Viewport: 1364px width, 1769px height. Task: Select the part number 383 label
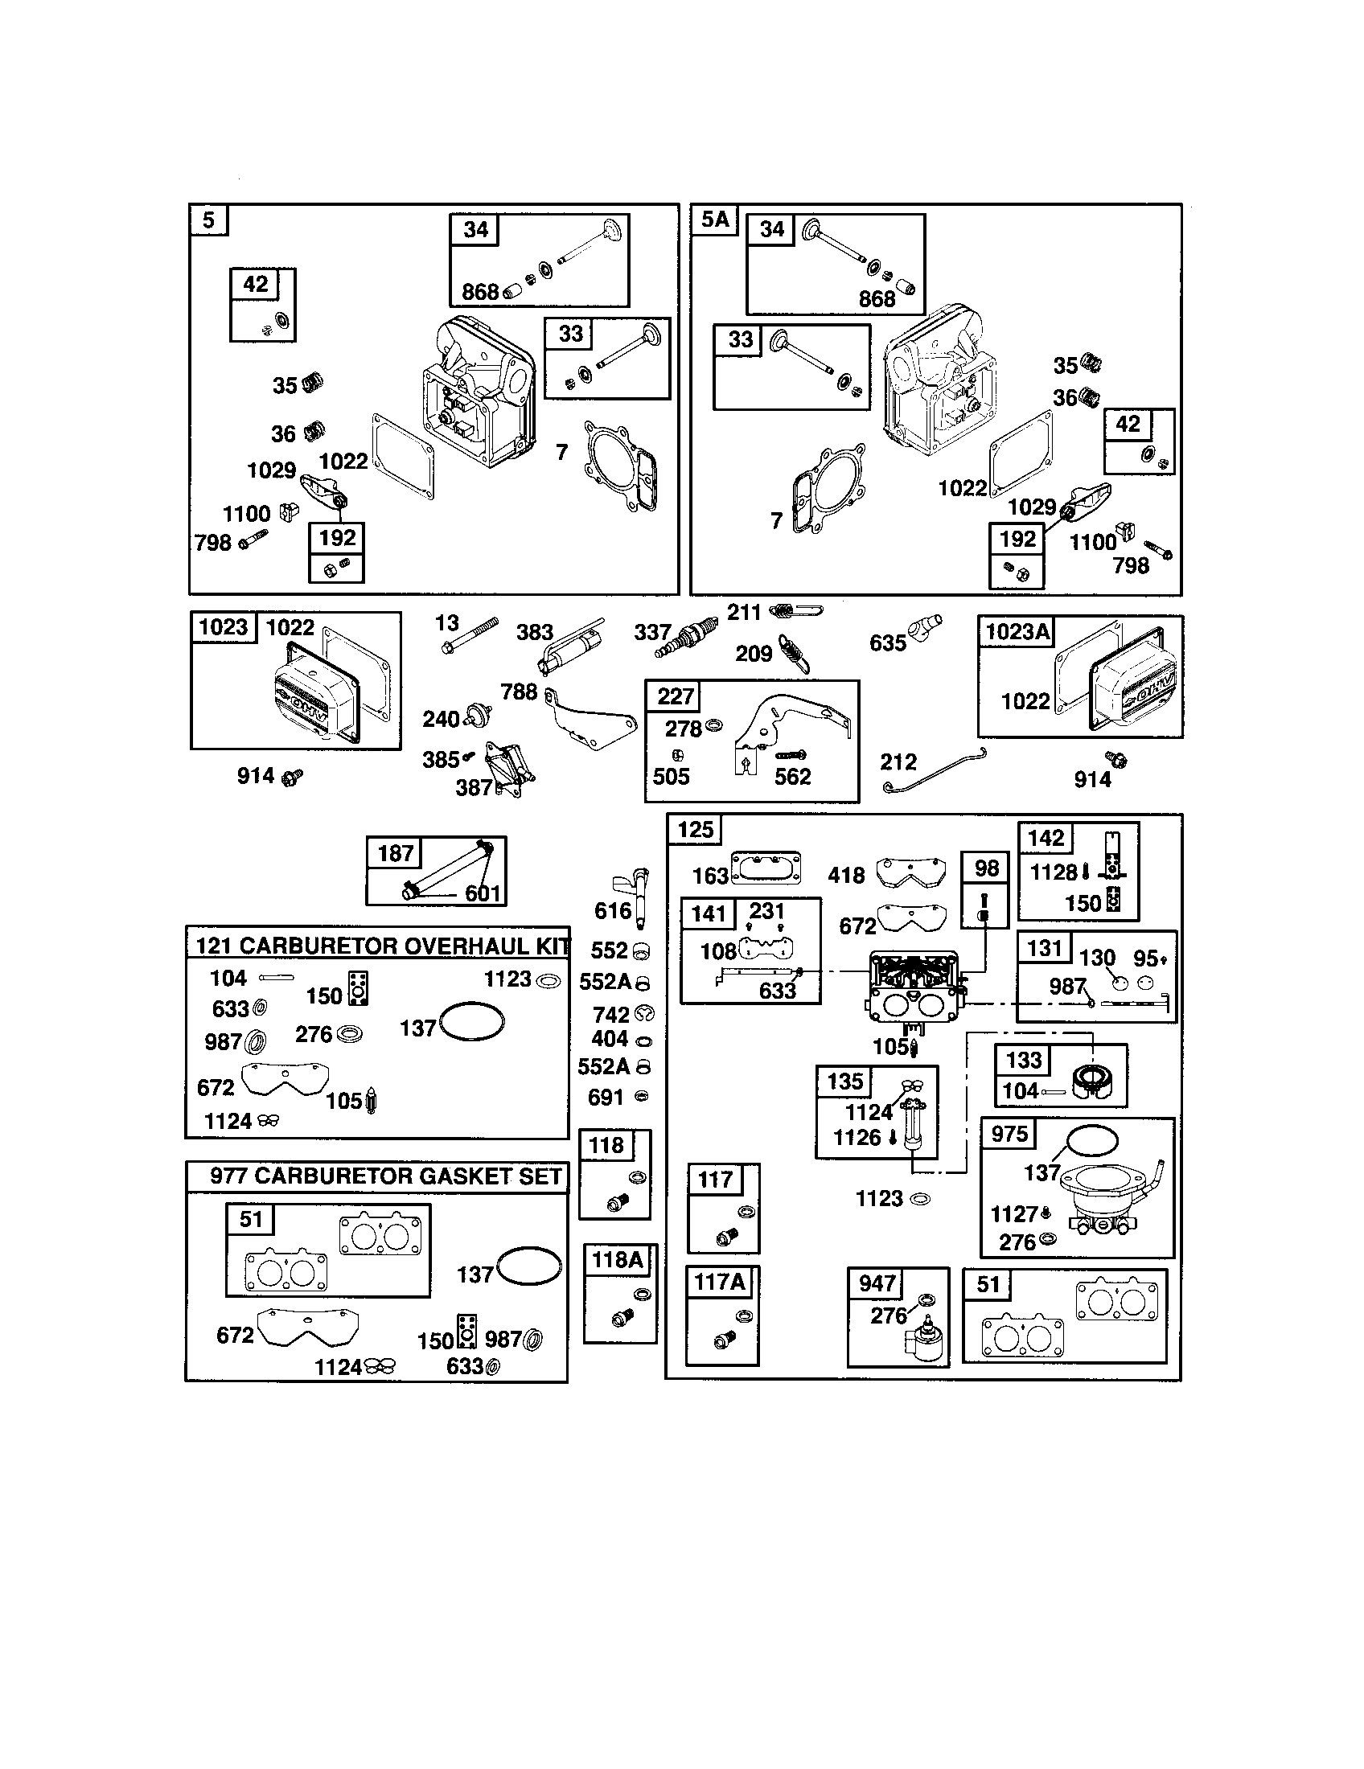point(535,632)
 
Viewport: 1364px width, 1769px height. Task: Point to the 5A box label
point(714,220)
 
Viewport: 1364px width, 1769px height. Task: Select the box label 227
point(675,696)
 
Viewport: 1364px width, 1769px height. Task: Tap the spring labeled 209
point(795,653)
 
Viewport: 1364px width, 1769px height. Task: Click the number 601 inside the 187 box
point(483,893)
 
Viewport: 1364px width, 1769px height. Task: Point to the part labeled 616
point(640,897)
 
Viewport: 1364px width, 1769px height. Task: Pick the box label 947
point(877,1284)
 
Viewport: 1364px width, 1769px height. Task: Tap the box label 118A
point(617,1259)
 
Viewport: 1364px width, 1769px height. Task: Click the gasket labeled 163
point(766,867)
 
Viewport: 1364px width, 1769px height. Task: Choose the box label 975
point(1009,1134)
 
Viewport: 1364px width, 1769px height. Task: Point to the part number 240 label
point(441,720)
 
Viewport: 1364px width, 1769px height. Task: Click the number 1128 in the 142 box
point(1053,872)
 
